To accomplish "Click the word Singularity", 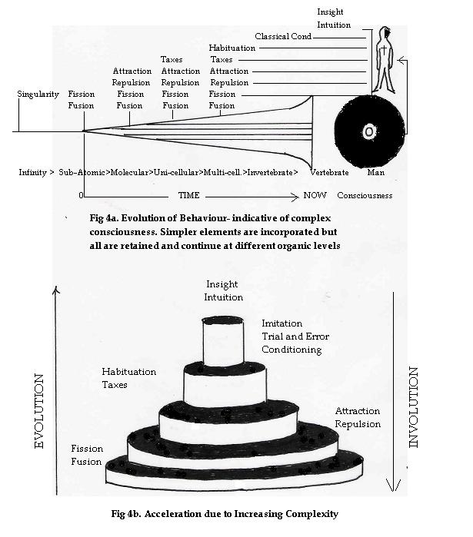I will click(38, 94).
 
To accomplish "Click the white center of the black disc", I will click(369, 132).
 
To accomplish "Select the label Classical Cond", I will click(284, 36).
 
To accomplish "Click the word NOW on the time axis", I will click(315, 195).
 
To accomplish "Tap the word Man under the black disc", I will click(377, 173).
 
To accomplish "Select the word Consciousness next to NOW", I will click(365, 195).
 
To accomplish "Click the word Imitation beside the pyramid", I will click(282, 323).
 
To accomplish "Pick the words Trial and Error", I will click(290, 336).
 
